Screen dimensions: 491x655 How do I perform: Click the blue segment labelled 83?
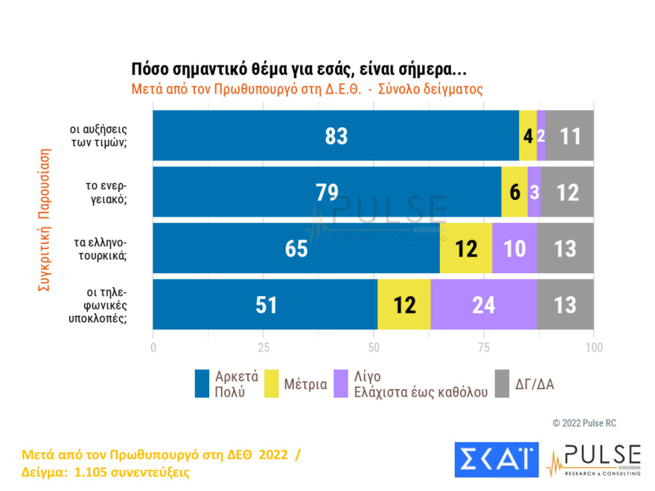[x=336, y=135]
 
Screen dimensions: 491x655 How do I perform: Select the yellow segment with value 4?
[x=528, y=135]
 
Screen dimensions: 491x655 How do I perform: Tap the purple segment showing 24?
[x=484, y=304]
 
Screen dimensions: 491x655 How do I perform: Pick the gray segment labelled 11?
[x=569, y=135]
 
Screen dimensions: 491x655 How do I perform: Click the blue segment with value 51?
[x=265, y=304]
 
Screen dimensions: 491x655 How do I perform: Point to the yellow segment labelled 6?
[x=514, y=192]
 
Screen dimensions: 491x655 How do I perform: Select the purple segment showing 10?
[x=514, y=248]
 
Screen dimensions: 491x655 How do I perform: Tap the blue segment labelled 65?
[x=296, y=248]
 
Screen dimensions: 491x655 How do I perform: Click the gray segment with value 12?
[x=567, y=192]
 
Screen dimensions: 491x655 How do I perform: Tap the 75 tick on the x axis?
[x=484, y=347]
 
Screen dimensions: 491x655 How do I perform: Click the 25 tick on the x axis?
[x=263, y=347]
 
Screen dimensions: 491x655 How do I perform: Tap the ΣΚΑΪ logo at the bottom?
[x=496, y=460]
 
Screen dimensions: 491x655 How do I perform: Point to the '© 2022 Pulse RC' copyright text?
[x=584, y=423]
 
